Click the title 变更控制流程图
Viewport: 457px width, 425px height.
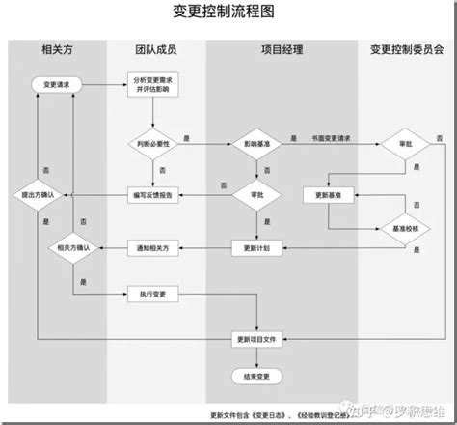(x=228, y=13)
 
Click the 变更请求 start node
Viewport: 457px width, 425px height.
(x=57, y=86)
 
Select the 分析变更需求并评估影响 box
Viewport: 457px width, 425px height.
(x=152, y=86)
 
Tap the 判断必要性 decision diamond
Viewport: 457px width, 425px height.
(x=152, y=144)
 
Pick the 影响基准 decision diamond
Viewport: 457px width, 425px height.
(x=257, y=144)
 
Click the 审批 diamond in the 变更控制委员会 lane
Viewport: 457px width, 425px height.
(x=393, y=144)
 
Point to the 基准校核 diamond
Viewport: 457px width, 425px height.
(x=393, y=229)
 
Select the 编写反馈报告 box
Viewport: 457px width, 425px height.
(x=152, y=195)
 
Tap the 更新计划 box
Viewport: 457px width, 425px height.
(x=257, y=248)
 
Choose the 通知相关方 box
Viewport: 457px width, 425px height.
(x=152, y=248)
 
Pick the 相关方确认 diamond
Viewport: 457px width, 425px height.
(x=74, y=248)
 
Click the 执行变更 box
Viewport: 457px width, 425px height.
(x=152, y=293)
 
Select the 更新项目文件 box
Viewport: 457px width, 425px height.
(x=257, y=338)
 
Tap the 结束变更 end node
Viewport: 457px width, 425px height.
(x=257, y=375)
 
